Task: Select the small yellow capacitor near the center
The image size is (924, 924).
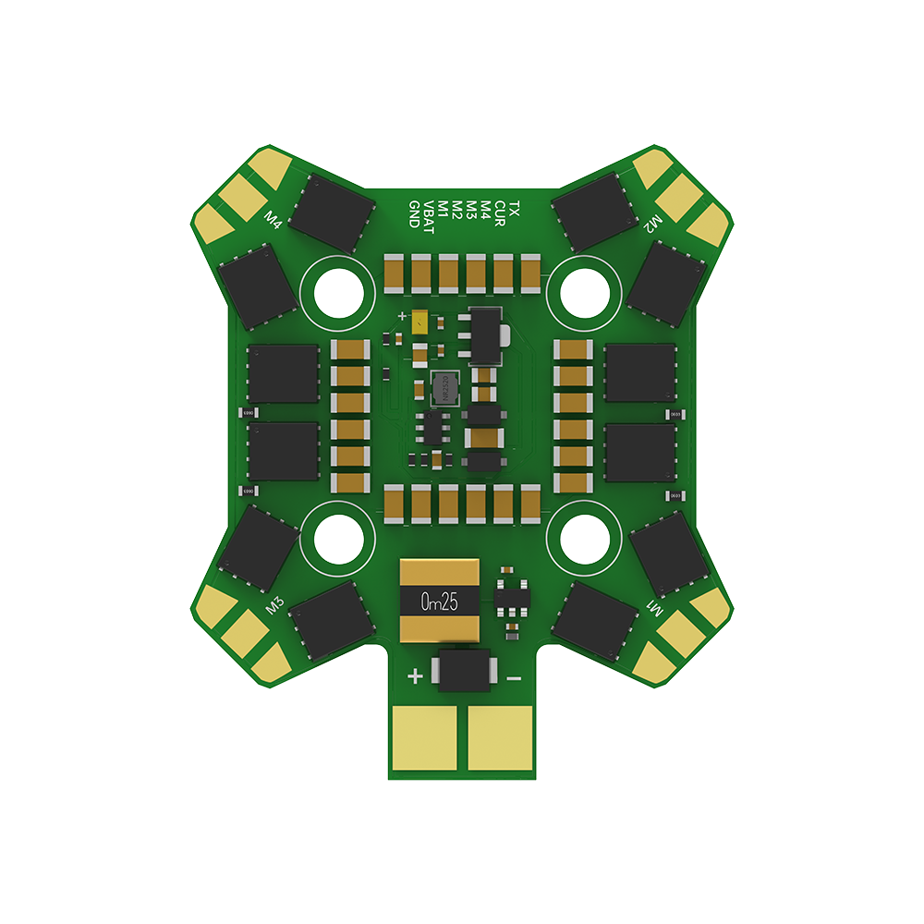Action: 421,323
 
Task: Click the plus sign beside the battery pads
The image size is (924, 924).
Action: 416,677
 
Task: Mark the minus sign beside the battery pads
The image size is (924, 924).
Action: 515,677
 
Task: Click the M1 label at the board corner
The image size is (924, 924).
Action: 654,610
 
